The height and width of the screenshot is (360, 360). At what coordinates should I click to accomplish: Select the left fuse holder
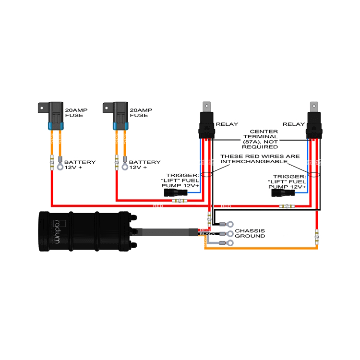(52, 115)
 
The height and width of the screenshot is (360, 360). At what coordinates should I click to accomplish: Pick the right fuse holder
(118, 115)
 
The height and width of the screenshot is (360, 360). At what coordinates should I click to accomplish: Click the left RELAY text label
(227, 124)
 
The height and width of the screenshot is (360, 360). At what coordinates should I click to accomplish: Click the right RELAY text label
(294, 124)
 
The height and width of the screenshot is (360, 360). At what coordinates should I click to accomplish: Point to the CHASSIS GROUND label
(250, 233)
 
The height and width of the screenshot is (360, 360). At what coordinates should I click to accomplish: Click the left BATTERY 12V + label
(80, 165)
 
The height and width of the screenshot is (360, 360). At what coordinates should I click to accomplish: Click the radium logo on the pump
(58, 230)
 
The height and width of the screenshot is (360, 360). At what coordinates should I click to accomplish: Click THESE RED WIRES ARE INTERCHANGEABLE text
(260, 159)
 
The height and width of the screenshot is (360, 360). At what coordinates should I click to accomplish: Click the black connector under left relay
(171, 193)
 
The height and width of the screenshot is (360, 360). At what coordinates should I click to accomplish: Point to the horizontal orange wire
(259, 248)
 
